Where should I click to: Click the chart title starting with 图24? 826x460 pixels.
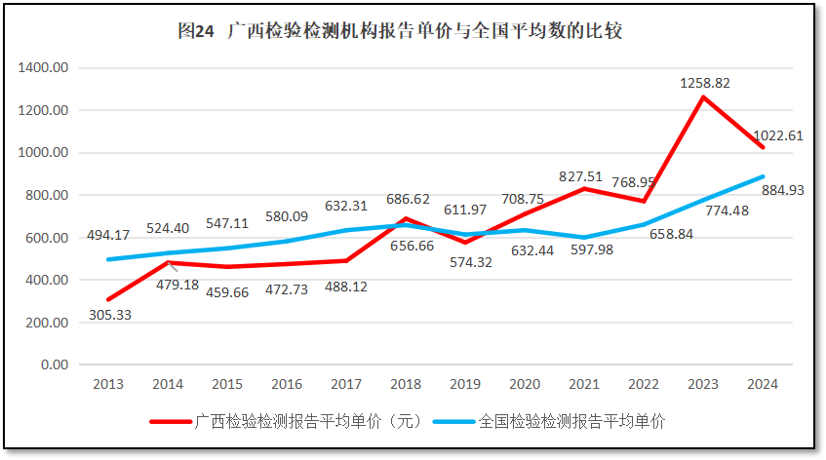(400, 31)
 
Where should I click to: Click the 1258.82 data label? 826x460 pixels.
(705, 83)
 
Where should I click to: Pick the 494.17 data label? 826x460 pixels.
(107, 235)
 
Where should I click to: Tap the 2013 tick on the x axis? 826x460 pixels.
(108, 384)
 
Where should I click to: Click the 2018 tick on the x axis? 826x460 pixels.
(406, 384)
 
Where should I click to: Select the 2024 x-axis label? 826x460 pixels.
(763, 384)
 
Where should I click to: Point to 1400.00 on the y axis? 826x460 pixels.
(42, 68)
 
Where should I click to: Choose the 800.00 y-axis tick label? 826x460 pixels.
(45, 195)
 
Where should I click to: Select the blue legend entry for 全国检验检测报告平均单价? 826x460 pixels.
(571, 422)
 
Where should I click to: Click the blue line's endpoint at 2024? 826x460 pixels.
(764, 177)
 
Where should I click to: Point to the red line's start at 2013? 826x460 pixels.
(108, 299)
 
